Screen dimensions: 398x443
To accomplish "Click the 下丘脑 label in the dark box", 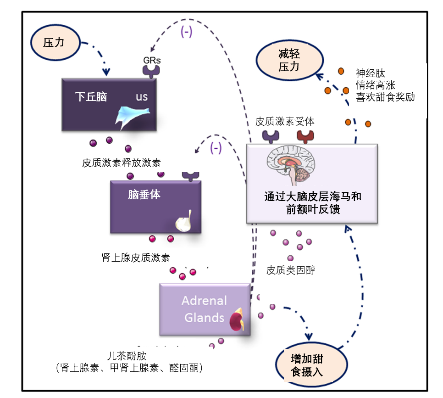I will [x=91, y=96].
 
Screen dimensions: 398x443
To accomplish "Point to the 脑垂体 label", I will [x=144, y=194].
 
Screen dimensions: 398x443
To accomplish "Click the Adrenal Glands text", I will [x=204, y=309].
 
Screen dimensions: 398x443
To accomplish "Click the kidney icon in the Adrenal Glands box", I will [x=238, y=320].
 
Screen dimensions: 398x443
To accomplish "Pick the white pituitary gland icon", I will [x=184, y=221].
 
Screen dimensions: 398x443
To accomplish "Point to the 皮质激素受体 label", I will [x=285, y=122].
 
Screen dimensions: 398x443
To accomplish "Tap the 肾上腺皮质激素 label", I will [x=132, y=257].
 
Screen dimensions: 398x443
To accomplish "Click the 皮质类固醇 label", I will [x=291, y=270].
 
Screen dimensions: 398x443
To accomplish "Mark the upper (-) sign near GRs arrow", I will [x=186, y=33].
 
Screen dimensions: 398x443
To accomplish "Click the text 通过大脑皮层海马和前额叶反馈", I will [x=312, y=202].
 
